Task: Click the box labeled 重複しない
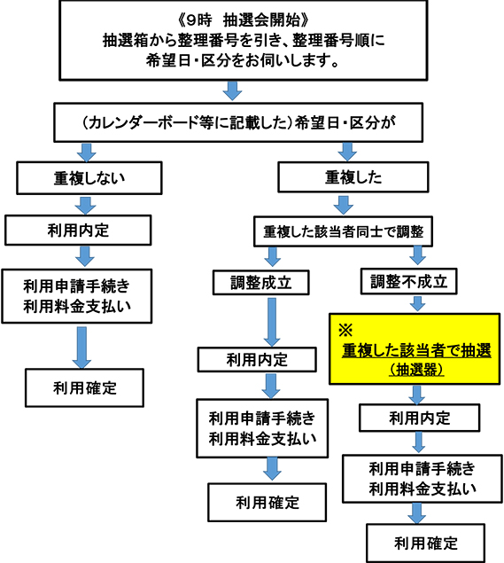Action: [x=89, y=177]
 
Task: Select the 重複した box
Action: [x=353, y=177]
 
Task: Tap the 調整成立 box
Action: [x=260, y=283]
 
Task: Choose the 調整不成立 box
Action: [x=408, y=281]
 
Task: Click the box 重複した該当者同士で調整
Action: [x=343, y=231]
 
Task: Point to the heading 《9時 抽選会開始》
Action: [x=244, y=20]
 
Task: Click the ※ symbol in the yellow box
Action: [x=345, y=330]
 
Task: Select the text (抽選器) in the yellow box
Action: [x=416, y=369]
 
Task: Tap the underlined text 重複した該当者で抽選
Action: [x=416, y=350]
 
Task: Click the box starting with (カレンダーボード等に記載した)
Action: [x=238, y=122]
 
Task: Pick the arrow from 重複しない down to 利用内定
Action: [x=85, y=206]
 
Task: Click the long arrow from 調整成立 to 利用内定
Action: [x=272, y=322]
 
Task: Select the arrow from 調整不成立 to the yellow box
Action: [x=417, y=304]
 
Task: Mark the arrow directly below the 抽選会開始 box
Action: [x=232, y=90]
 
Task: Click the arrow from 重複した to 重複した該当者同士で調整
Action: [x=344, y=205]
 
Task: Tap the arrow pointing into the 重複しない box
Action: [x=87, y=152]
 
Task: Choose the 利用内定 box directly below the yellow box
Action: [x=419, y=418]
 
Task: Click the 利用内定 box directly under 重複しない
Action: [x=78, y=231]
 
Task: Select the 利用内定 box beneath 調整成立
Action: [x=257, y=359]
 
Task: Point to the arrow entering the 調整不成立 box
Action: [x=417, y=255]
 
